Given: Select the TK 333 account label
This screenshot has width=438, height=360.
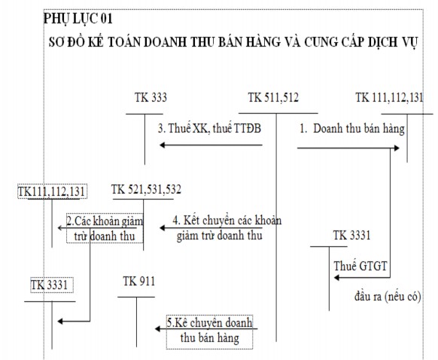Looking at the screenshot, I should pos(151,98).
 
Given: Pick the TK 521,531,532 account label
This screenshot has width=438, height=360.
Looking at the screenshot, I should pos(146,189).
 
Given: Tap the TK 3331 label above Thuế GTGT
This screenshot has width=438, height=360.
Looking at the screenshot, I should pos(351,236).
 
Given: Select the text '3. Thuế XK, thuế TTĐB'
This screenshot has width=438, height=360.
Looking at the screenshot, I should pos(210,128).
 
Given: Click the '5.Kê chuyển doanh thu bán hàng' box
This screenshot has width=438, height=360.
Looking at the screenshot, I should pos(210,331).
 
